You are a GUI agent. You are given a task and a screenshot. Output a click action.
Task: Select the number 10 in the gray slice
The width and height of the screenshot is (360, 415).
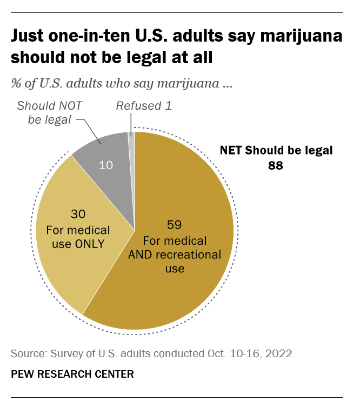pyautogui.click(x=106, y=165)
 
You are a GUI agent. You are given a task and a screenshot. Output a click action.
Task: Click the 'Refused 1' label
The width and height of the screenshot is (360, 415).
pyautogui.click(x=144, y=106)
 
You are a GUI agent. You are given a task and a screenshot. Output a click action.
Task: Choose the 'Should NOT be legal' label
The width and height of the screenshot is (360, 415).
pyautogui.click(x=49, y=112)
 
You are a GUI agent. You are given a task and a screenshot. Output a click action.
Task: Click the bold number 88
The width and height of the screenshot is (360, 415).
pyautogui.click(x=275, y=165)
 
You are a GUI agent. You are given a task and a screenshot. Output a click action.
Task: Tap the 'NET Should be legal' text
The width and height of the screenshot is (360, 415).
pyautogui.click(x=276, y=150)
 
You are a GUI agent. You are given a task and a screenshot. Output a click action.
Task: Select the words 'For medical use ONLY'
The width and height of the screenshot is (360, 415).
pyautogui.click(x=78, y=236)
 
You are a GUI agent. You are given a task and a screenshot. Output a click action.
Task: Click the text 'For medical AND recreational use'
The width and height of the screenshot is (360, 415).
pyautogui.click(x=174, y=254)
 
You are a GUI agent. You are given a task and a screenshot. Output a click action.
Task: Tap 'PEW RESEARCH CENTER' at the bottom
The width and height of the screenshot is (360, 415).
pyautogui.click(x=72, y=374)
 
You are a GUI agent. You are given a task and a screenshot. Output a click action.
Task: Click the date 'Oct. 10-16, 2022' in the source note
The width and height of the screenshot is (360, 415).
pyautogui.click(x=255, y=354)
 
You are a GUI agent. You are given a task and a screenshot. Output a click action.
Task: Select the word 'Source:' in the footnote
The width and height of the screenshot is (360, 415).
pyautogui.click(x=28, y=354)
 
